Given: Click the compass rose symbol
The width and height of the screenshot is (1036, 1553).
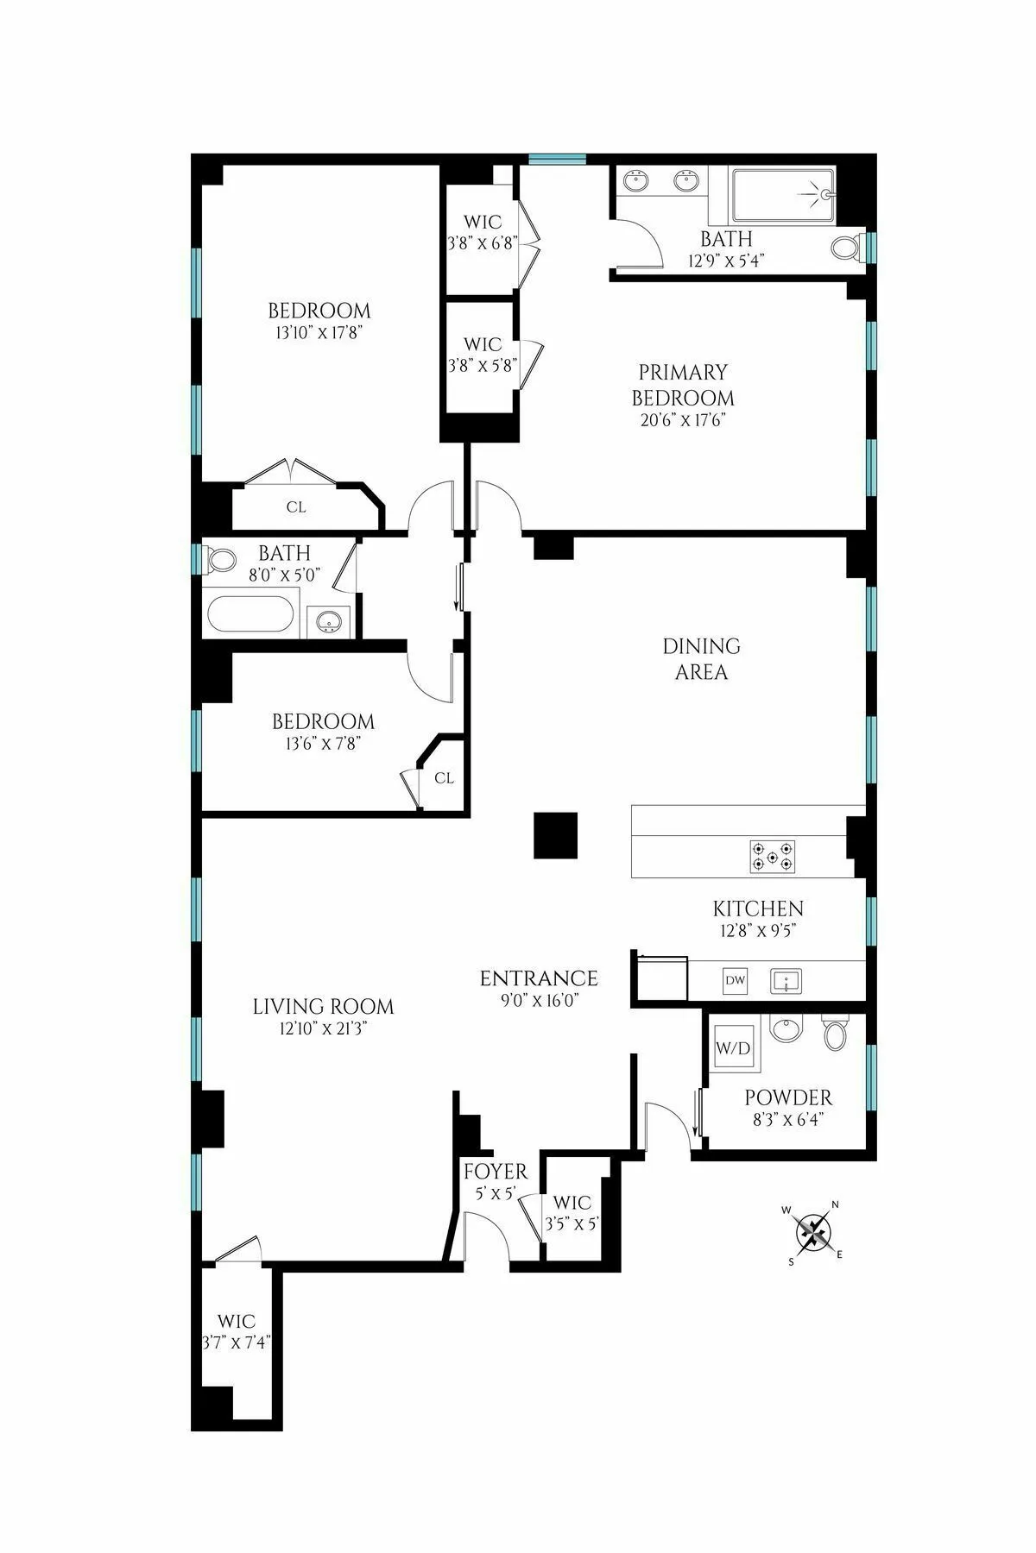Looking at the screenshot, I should click(x=812, y=1231).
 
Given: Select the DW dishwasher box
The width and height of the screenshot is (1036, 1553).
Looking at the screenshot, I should click(x=735, y=981).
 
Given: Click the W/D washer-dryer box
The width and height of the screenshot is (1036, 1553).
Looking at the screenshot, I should click(x=733, y=1047).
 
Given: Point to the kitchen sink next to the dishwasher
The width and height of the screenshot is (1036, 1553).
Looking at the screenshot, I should click(x=786, y=981).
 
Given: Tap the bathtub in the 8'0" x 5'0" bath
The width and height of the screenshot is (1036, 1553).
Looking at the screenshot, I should click(x=250, y=615).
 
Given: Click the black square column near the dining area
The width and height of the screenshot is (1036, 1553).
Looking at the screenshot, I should click(x=555, y=835).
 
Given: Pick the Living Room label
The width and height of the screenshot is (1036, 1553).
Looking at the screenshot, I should click(x=323, y=1007).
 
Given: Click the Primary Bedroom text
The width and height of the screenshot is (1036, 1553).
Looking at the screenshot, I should click(x=683, y=386).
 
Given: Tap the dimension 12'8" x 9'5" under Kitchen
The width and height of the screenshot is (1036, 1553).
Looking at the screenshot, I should click(x=757, y=931).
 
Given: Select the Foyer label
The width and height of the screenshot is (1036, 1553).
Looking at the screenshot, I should click(x=495, y=1173).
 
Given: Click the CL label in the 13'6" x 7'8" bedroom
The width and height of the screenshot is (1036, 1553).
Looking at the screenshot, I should click(x=444, y=778).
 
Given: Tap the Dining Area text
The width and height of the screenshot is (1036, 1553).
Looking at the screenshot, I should click(x=701, y=659).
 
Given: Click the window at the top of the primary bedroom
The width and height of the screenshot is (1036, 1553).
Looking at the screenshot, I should click(x=557, y=159).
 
